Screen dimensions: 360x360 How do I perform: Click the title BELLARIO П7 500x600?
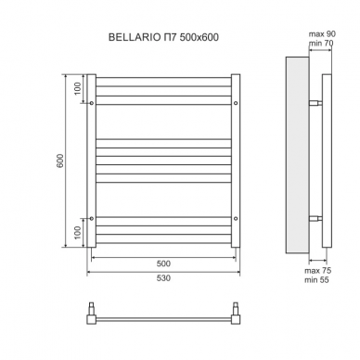pos(163,37)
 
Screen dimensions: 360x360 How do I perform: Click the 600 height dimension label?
pos(60,161)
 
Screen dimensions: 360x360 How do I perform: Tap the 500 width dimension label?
pos(163,264)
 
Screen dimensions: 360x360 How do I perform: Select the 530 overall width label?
pos(163,278)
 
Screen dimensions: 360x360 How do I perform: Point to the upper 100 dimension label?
pos(77,89)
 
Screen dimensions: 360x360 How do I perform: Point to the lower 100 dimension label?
pos(77,233)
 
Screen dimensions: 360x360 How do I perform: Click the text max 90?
pos(322,34)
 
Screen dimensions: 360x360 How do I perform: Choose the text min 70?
pos(321,43)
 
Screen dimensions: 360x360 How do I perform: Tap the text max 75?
pos(318,271)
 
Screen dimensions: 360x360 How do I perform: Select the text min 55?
pos(316,280)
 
